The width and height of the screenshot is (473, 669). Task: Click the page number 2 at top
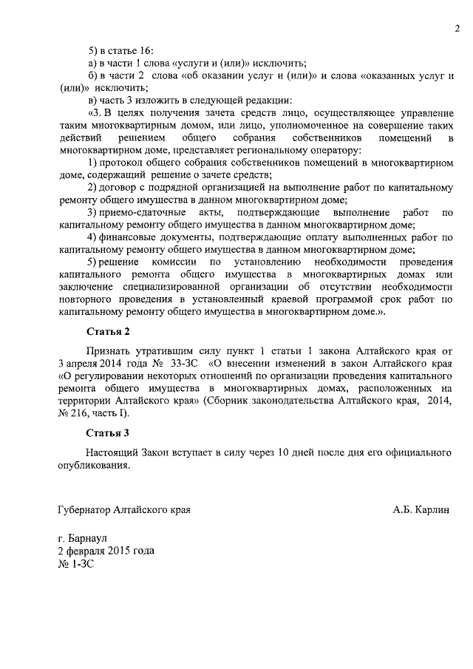click(x=457, y=29)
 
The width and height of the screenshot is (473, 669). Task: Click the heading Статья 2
click(x=107, y=331)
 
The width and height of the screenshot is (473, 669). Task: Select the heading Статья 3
click(x=107, y=432)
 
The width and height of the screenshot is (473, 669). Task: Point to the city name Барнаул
click(x=87, y=539)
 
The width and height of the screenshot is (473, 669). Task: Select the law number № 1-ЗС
click(x=75, y=564)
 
